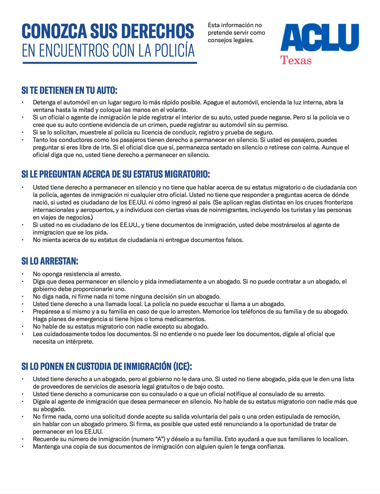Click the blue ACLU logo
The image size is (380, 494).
tap(319, 38)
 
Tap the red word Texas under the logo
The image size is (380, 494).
tap(296, 60)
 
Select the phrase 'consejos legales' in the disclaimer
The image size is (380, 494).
tap(230, 40)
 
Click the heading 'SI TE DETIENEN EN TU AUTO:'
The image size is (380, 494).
tap(69, 90)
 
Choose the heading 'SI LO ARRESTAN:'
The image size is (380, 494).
tap(50, 261)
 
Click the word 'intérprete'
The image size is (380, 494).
tap(80, 341)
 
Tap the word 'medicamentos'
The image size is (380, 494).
tap(187, 319)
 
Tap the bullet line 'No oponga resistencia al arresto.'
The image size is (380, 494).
tap(77, 274)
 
